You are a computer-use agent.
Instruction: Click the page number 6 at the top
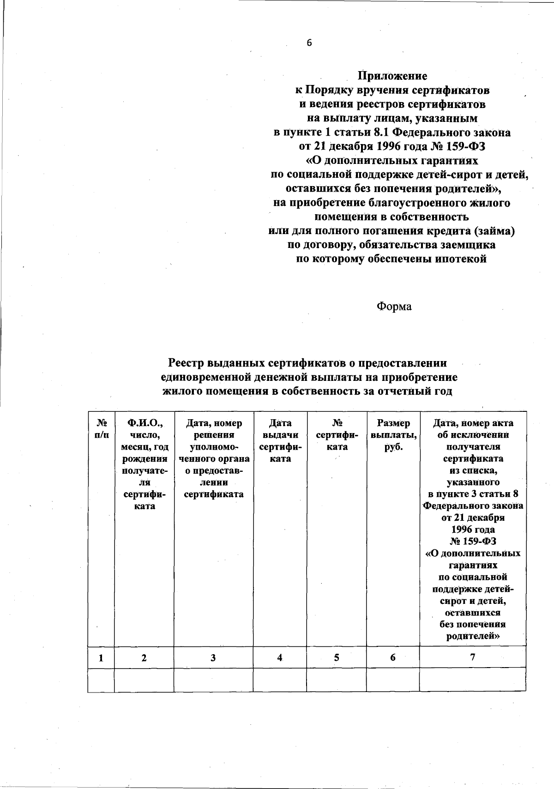pyautogui.click(x=309, y=43)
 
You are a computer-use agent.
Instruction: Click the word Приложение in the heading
pyautogui.click(x=393, y=76)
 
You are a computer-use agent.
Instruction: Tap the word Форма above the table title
pyautogui.click(x=394, y=307)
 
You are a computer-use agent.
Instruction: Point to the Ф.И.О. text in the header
pyautogui.click(x=144, y=423)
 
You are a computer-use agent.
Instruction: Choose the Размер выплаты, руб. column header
pyautogui.click(x=393, y=435)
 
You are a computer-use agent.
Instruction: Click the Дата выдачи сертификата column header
pyautogui.click(x=280, y=441)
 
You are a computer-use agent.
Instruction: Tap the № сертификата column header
pyautogui.click(x=337, y=435)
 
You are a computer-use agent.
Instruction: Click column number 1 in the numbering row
pyautogui.click(x=101, y=658)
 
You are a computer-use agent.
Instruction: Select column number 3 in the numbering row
pyautogui.click(x=213, y=658)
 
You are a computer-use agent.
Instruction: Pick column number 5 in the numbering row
pyautogui.click(x=337, y=658)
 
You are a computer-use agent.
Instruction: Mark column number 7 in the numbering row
pyautogui.click(x=472, y=657)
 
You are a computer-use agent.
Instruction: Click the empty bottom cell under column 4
pyautogui.click(x=280, y=680)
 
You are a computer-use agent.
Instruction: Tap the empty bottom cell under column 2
pyautogui.click(x=144, y=680)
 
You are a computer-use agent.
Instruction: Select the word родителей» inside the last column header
pyautogui.click(x=473, y=636)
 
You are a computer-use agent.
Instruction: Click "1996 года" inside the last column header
pyautogui.click(x=473, y=530)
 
